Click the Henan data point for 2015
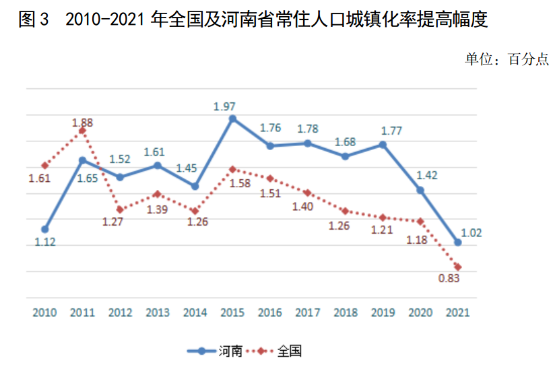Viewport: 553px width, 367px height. tap(232, 119)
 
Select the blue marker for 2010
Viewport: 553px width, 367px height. tap(44, 229)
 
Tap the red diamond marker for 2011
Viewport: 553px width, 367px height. tap(82, 131)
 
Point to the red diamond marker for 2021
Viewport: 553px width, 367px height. tap(458, 267)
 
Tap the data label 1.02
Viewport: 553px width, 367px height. tap(469, 233)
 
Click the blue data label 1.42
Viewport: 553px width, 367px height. tap(427, 175)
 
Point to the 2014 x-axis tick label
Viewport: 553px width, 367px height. tap(195, 312)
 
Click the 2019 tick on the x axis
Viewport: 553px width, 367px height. tap(383, 312)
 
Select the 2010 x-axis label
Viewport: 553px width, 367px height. tap(44, 312)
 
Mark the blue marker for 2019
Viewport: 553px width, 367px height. tap(383, 144)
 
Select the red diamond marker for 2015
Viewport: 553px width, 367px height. tap(232, 169)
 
